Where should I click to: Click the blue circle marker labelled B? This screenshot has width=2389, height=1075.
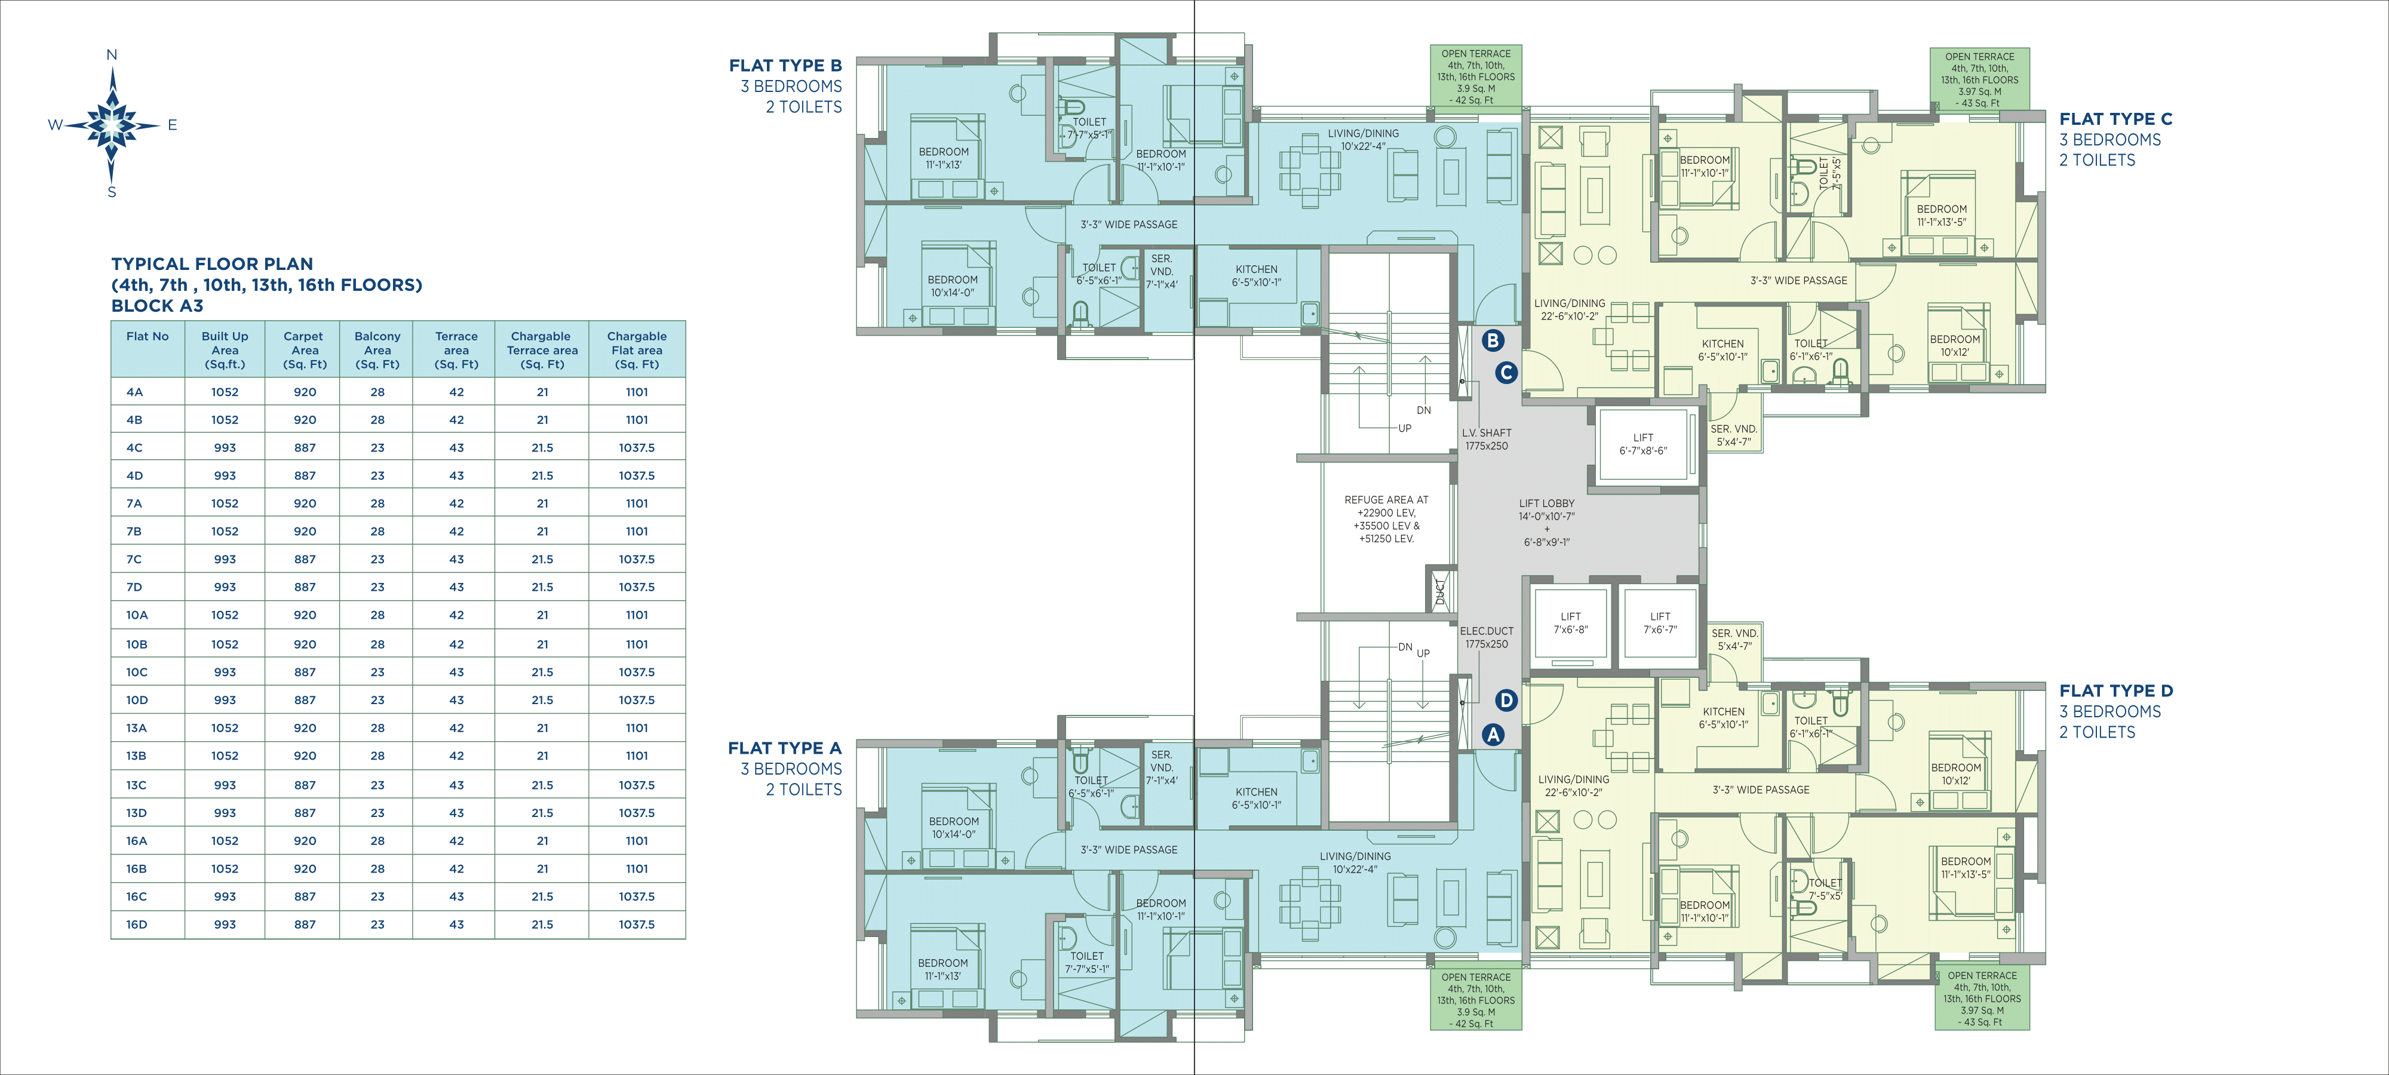(x=1492, y=340)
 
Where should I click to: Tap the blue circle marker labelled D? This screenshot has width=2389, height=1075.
(x=1505, y=701)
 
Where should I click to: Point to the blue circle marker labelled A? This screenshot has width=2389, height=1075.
(x=1492, y=735)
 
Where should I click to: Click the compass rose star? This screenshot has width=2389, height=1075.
(x=112, y=124)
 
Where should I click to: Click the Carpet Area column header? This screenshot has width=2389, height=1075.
(x=304, y=350)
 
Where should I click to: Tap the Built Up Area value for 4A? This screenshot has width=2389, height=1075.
(x=225, y=391)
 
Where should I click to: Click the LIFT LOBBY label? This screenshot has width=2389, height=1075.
(x=1546, y=503)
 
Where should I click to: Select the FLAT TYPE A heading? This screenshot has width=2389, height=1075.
(x=785, y=748)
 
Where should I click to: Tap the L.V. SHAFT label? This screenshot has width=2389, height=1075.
(x=1487, y=432)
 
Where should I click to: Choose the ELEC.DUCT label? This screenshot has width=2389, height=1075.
(x=1487, y=631)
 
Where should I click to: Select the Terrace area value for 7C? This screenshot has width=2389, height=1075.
(x=456, y=558)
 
